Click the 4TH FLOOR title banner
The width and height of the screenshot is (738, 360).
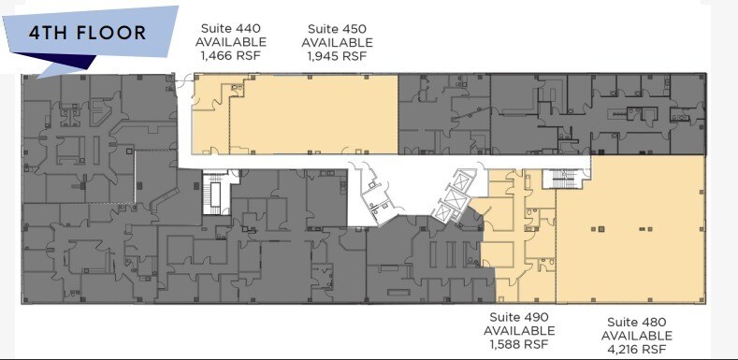(89, 35)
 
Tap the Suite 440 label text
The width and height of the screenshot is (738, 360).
(230, 29)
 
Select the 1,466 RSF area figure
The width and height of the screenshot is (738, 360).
(230, 55)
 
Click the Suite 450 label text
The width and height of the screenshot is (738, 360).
(337, 29)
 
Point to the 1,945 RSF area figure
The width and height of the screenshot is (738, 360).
(337, 55)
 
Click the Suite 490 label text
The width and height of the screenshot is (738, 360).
(519, 317)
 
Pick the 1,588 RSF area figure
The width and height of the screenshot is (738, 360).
(519, 343)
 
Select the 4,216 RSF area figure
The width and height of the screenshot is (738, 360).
(636, 349)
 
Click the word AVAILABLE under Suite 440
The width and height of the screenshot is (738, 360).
(230, 42)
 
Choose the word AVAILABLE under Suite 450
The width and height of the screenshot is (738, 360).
(337, 42)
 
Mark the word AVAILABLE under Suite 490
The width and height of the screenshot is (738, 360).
(519, 330)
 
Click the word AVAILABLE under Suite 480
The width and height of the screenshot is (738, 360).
(636, 336)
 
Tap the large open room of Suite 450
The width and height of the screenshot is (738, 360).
(313, 114)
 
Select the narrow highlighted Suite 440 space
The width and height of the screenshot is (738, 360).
(210, 122)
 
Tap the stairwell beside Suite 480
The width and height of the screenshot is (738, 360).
(567, 178)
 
